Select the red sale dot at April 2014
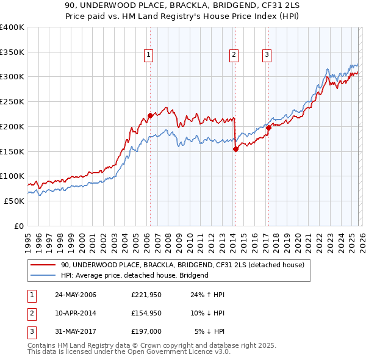click(x=235, y=148)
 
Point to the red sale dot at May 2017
click(x=268, y=128)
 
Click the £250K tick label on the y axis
click(x=12, y=101)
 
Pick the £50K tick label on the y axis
click(x=14, y=201)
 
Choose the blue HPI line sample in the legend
click(x=43, y=275)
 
